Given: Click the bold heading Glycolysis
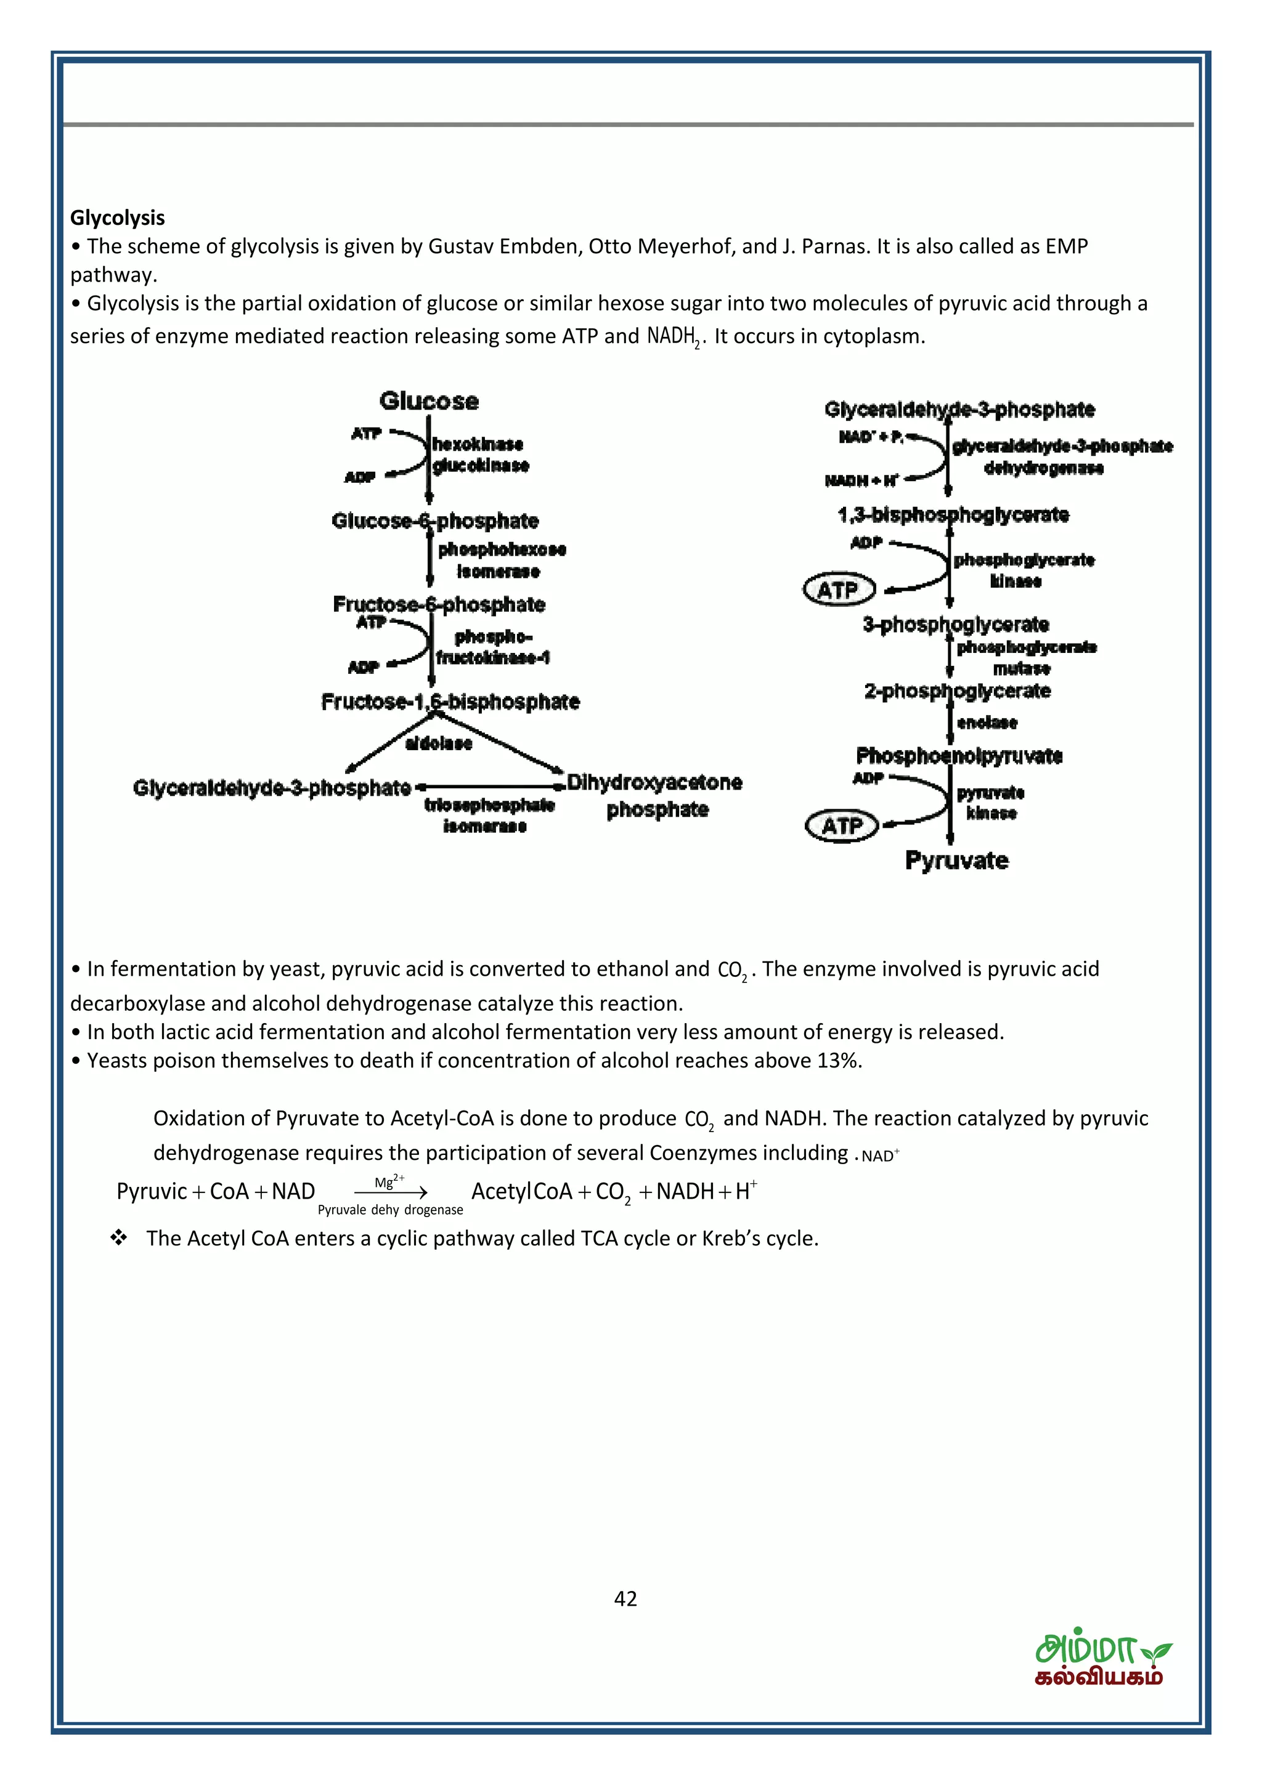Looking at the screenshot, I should [x=118, y=217].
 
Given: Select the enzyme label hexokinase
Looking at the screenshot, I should [x=478, y=444].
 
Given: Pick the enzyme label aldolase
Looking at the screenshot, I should [x=439, y=743].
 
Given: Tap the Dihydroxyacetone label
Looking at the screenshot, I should [x=654, y=782].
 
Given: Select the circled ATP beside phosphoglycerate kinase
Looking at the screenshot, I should [x=838, y=590].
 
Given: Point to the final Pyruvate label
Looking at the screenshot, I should [x=956, y=860].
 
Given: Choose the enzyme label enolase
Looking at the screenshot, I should [x=987, y=722].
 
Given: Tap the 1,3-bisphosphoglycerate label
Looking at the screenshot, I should [x=953, y=515].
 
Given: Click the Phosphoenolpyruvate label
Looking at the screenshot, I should [x=959, y=756].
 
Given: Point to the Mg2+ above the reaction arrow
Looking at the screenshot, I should [x=389, y=1182].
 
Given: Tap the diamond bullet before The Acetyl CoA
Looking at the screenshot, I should [x=119, y=1239].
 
